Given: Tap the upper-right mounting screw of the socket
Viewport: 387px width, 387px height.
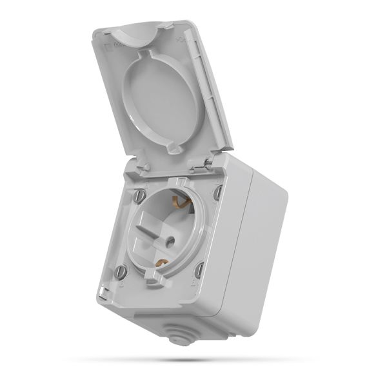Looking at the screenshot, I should [x=218, y=192].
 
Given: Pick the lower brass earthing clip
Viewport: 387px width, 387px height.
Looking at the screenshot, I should [x=163, y=263].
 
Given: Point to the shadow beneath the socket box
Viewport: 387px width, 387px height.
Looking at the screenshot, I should [x=193, y=359].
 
